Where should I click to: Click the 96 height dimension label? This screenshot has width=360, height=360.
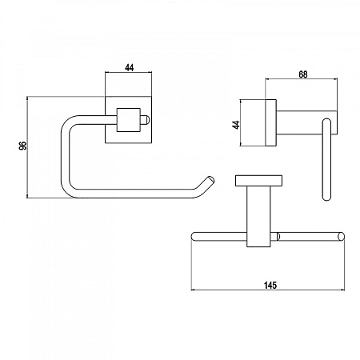pyautogui.click(x=23, y=146)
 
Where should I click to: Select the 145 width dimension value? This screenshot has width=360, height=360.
pyautogui.click(x=270, y=286)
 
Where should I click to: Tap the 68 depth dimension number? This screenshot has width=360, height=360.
pyautogui.click(x=303, y=74)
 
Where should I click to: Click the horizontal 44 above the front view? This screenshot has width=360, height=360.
pyautogui.click(x=129, y=68)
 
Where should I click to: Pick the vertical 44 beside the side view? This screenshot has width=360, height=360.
pyautogui.click(x=236, y=125)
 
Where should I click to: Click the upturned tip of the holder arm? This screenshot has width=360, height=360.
pyautogui.click(x=210, y=179)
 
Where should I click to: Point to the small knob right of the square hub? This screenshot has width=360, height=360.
pyautogui.click(x=145, y=120)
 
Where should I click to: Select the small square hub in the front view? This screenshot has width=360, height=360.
pyautogui.click(x=129, y=120)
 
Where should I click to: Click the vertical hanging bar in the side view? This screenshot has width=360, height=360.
pyautogui.click(x=326, y=160)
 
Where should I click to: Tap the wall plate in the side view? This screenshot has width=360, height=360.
pyautogui.click(x=270, y=122)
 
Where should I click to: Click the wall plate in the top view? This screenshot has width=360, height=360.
pyautogui.click(x=258, y=180)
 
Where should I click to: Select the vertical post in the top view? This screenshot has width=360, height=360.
pyautogui.click(x=258, y=216)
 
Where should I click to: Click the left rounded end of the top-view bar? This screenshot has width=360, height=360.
pyautogui.click(x=194, y=237)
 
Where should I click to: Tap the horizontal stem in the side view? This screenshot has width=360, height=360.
pyautogui.click(x=306, y=122)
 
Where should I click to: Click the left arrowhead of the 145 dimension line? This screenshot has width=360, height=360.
pyautogui.click(x=193, y=290)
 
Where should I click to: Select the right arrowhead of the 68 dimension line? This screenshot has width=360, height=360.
pyautogui.click(x=335, y=79)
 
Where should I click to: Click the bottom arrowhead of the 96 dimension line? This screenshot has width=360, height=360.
pyautogui.click(x=27, y=196)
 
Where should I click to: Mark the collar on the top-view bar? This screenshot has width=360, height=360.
pyautogui.click(x=278, y=237)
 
